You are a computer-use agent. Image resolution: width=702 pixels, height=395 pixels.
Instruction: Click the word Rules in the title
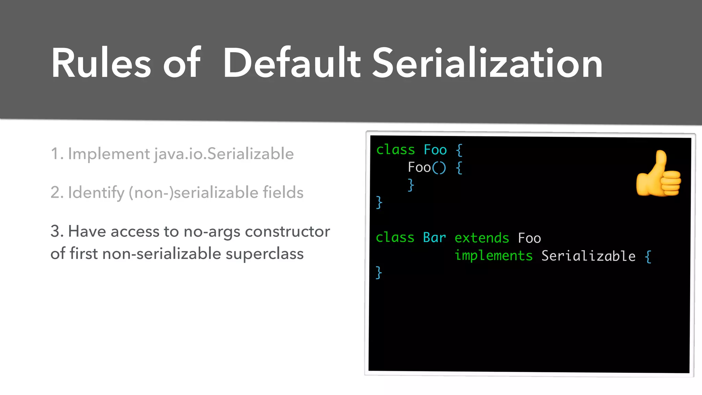click(x=101, y=64)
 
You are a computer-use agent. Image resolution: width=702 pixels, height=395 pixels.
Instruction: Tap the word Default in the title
click(x=292, y=64)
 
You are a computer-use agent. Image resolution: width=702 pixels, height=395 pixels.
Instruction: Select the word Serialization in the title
click(x=487, y=64)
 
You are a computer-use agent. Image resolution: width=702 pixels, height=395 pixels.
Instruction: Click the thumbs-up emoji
click(x=658, y=174)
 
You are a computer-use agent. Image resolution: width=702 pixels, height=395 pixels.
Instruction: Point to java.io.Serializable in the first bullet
click(x=224, y=154)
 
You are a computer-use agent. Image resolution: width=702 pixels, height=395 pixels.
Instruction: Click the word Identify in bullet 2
click(x=96, y=193)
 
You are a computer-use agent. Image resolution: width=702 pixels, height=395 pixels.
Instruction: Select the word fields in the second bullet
click(x=283, y=193)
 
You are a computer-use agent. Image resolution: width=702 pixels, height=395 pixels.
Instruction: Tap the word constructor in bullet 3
click(x=287, y=231)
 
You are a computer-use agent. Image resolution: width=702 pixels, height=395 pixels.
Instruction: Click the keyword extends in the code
click(x=482, y=238)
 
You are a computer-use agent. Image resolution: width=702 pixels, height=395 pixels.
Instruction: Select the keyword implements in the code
click(x=494, y=256)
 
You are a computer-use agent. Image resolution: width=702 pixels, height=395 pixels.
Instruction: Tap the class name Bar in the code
click(x=434, y=238)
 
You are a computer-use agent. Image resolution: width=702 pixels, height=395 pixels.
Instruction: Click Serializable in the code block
click(x=588, y=256)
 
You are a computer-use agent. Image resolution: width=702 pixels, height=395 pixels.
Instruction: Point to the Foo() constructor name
click(x=419, y=168)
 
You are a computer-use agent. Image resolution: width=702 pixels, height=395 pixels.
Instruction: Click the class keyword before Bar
click(x=395, y=238)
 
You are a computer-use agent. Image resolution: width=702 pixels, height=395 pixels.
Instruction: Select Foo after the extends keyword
click(x=529, y=238)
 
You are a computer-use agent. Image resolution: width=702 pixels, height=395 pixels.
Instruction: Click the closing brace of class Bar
click(x=379, y=273)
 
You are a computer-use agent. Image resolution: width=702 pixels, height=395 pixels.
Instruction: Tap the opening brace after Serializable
click(x=648, y=256)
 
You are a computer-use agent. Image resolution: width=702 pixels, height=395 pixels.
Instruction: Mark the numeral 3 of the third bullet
click(x=55, y=231)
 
